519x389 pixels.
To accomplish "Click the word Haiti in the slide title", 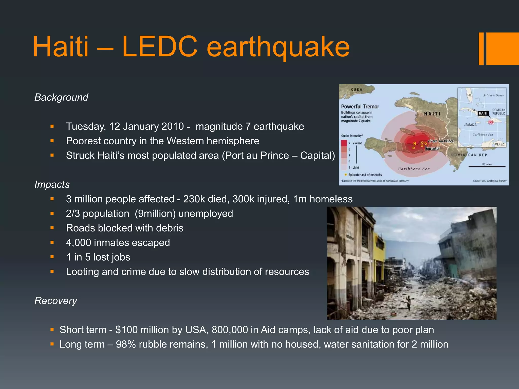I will (x=61, y=47).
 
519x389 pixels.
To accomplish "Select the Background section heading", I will (x=61, y=97).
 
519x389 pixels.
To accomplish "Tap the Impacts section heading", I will (x=52, y=184).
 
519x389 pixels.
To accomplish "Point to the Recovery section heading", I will (x=55, y=301).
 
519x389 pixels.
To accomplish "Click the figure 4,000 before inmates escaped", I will (x=78, y=243).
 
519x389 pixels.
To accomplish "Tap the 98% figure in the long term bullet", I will (x=125, y=344).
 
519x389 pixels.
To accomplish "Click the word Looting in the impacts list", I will (x=82, y=272).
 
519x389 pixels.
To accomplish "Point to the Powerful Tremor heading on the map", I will (x=360, y=107).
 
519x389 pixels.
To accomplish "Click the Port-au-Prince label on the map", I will (x=442, y=141).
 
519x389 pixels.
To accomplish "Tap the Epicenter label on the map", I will (x=432, y=149).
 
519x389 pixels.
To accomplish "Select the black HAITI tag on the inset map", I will (x=483, y=113).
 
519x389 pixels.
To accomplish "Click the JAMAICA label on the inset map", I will (x=470, y=125).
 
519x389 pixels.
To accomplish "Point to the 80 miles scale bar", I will (x=487, y=166).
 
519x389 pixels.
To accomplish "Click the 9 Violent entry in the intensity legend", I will (x=355, y=143).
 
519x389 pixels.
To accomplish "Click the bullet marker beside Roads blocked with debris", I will (x=52, y=228).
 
